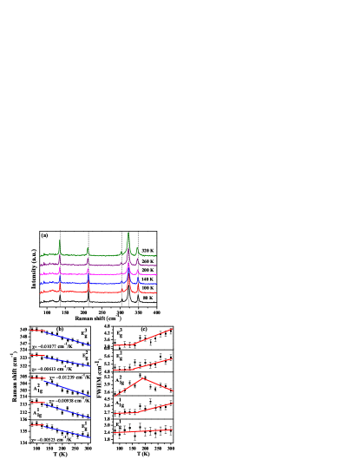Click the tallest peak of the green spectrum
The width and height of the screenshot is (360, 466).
click(x=128, y=233)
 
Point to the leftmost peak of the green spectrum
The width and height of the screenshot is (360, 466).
click(x=59, y=240)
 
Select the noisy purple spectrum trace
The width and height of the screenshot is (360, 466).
click(x=104, y=265)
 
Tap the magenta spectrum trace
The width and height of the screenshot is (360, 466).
click(x=104, y=274)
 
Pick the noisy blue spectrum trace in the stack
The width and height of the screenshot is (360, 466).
click(x=104, y=283)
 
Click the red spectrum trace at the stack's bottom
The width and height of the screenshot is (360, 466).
click(x=104, y=292)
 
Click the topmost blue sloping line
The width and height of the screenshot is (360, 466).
click(x=68, y=338)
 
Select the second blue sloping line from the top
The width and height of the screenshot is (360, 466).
click(x=68, y=361)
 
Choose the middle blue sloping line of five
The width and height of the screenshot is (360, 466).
click(x=68, y=387)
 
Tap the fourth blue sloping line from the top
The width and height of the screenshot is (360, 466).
click(x=68, y=410)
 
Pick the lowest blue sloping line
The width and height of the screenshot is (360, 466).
click(x=68, y=431)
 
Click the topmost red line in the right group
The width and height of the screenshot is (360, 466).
click(x=154, y=336)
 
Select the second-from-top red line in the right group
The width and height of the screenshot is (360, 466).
click(x=154, y=364)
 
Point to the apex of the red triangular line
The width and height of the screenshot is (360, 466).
click(x=142, y=378)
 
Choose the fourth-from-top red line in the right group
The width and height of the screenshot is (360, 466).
click(x=154, y=408)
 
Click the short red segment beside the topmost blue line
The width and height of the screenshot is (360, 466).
click(x=36, y=330)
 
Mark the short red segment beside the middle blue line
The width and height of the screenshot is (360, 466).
click(x=36, y=378)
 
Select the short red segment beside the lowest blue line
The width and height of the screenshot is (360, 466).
click(x=36, y=425)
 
